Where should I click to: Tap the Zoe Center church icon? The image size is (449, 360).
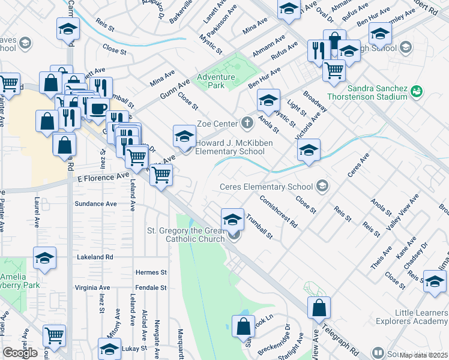point(247,124)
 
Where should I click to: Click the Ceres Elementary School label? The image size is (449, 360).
point(267,186)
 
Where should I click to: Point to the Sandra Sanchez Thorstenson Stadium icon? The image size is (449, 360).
point(416,91)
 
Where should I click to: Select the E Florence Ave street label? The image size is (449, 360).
point(103,177)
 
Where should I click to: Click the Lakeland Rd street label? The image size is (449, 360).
point(95,257)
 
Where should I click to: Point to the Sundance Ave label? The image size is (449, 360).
point(95,204)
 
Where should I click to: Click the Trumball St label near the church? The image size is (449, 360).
point(259,227)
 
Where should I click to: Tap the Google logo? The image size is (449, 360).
point(19,353)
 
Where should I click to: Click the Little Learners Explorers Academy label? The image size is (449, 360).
point(421,317)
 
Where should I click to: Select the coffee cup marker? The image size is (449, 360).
point(97,109)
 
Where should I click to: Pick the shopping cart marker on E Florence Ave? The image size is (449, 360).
point(160,176)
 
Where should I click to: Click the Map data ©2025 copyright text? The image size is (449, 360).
point(422,355)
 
